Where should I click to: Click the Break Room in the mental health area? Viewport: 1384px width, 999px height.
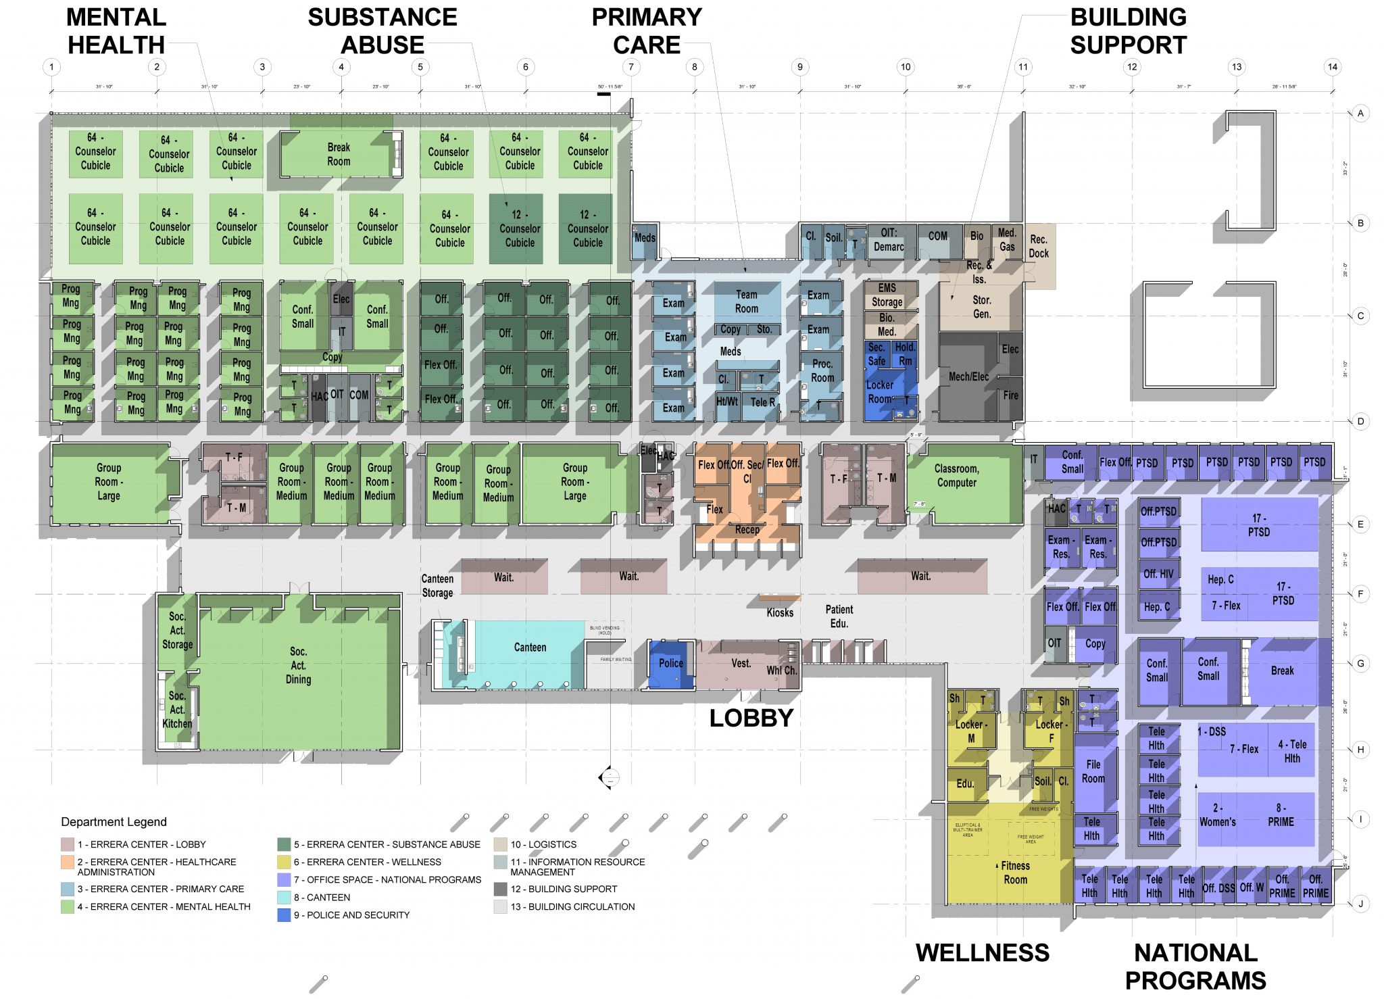point(338,154)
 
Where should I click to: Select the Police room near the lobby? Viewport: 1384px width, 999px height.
point(670,664)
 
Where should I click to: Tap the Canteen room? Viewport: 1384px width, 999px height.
point(530,648)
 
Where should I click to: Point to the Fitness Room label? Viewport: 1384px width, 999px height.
point(1015,873)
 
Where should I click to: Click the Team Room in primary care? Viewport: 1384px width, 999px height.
point(746,301)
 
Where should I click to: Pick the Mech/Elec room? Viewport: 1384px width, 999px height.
point(968,377)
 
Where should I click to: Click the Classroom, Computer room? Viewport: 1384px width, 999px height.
point(956,476)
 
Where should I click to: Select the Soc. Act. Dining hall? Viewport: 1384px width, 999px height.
point(298,666)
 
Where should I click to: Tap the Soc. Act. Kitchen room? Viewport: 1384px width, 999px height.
point(177,710)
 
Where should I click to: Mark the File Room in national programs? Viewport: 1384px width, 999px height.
point(1093,771)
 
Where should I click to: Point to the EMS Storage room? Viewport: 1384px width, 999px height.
point(887,295)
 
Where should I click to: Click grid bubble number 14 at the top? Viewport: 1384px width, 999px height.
point(1332,67)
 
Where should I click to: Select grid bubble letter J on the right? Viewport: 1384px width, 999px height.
point(1360,903)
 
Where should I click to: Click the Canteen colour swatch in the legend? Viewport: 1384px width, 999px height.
point(284,898)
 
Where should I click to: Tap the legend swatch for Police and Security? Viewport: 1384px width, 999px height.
point(284,915)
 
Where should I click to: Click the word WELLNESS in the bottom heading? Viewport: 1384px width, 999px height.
point(982,953)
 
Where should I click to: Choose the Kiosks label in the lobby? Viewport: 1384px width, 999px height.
point(780,612)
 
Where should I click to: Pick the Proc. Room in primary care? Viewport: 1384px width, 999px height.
point(822,371)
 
